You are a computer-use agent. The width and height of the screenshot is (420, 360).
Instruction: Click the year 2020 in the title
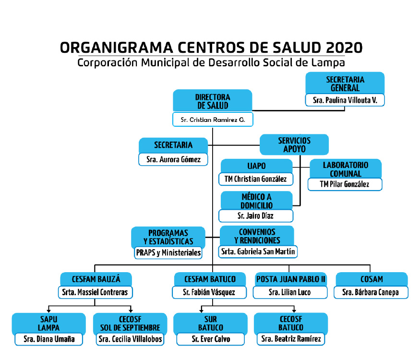(344, 48)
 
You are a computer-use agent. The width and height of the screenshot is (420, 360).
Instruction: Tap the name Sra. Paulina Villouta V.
(345, 100)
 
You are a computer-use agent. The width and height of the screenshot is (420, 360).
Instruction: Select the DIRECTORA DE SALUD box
(213, 101)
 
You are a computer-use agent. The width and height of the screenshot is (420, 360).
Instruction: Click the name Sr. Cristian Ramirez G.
(213, 120)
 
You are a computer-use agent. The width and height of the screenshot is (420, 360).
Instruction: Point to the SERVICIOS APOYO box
(294, 144)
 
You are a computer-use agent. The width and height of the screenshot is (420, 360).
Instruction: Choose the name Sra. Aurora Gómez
(173, 159)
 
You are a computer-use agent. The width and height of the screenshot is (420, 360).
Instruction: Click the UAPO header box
(256, 166)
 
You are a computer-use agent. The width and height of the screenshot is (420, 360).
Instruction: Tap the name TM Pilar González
(345, 184)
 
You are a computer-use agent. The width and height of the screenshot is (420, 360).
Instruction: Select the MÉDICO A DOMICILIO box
(256, 201)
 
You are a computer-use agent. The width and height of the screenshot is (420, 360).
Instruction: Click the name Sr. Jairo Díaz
(255, 216)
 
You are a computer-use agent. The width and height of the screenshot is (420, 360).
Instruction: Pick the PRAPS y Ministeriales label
(168, 252)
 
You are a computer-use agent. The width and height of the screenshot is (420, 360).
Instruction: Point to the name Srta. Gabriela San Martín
(258, 252)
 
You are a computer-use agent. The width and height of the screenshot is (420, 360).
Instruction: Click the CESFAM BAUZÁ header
(96, 279)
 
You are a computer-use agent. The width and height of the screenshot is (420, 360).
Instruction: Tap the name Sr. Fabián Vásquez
(209, 292)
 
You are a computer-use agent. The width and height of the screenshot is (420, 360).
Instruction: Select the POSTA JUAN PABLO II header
(290, 279)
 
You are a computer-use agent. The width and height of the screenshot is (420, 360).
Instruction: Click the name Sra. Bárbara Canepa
(371, 292)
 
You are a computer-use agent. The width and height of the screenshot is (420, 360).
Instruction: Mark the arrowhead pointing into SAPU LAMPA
(49, 311)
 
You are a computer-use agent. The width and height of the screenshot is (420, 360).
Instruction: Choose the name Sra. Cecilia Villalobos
(130, 339)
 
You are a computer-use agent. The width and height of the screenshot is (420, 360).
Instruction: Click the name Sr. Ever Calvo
(211, 339)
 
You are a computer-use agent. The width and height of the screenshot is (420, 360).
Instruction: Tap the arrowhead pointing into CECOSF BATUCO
(294, 311)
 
